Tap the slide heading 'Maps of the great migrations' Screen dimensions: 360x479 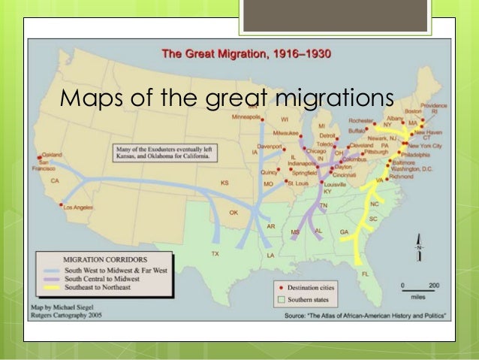pos(227,98)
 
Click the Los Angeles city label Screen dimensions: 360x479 pos(77,207)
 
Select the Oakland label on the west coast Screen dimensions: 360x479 pos(51,155)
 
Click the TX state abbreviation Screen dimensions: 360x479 pos(215,254)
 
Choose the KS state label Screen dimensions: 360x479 pos(224,183)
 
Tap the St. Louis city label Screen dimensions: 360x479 pos(299,182)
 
